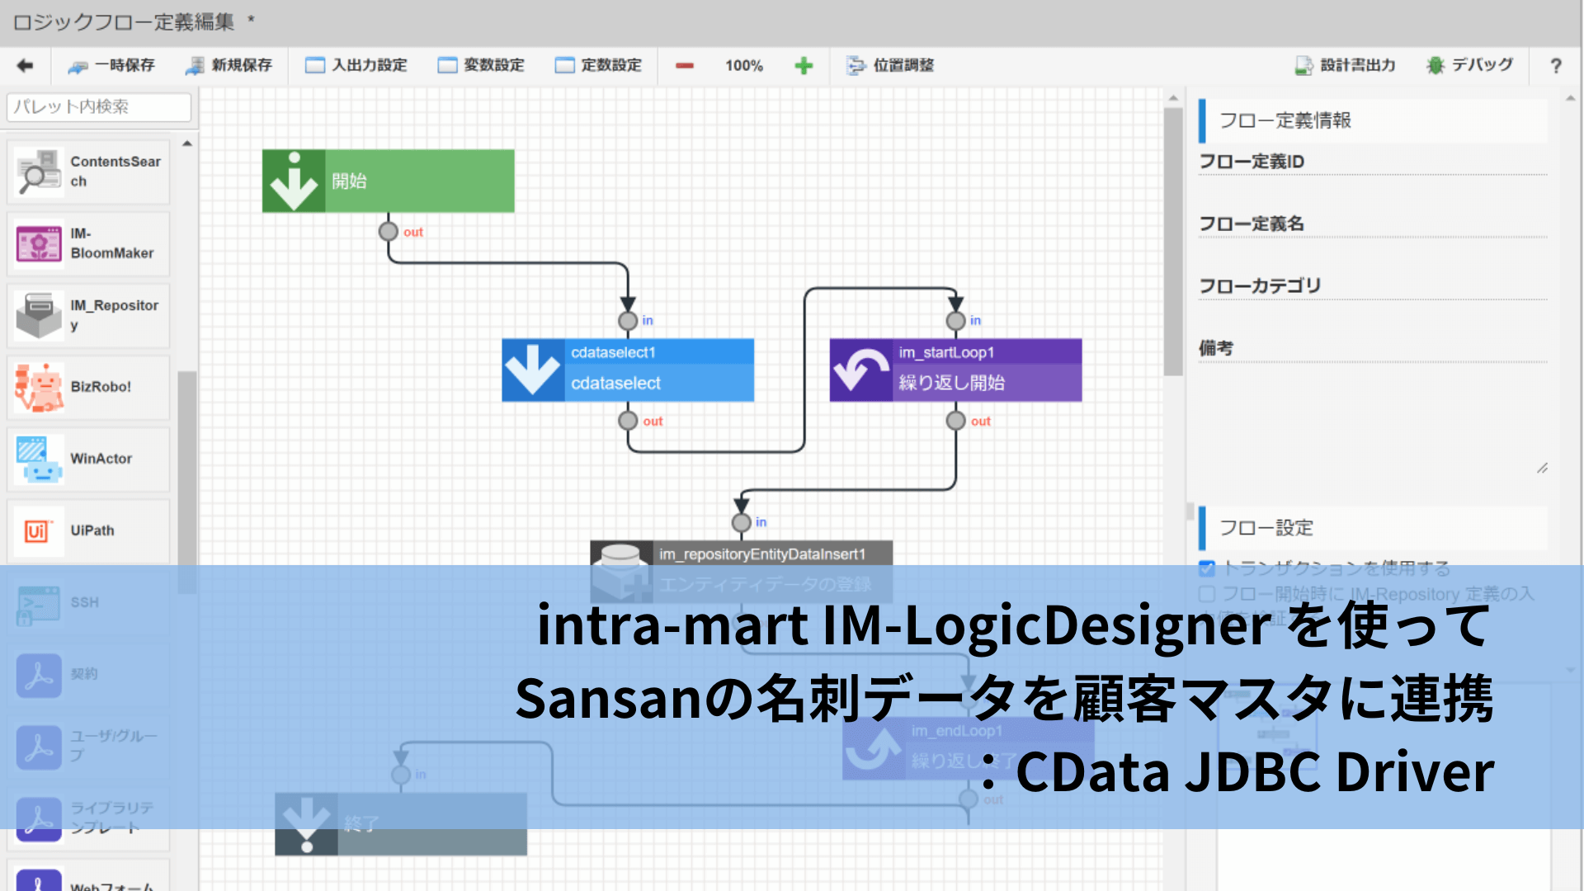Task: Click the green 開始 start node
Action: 388,181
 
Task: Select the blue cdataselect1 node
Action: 627,370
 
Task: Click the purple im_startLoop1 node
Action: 955,370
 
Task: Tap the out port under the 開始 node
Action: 388,232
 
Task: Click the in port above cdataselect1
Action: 627,320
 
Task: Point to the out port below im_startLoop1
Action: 955,421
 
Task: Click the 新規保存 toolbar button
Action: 229,65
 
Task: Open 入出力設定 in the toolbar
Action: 356,65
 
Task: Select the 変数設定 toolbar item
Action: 481,65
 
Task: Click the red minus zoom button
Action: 684,65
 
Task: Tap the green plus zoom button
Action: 804,65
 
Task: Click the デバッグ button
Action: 1470,65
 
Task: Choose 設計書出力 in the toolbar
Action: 1345,65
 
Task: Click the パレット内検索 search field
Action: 99,106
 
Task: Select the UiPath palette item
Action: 88,530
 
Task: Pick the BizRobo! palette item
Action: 88,387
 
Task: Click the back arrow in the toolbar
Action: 25,65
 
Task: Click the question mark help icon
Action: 1555,65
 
